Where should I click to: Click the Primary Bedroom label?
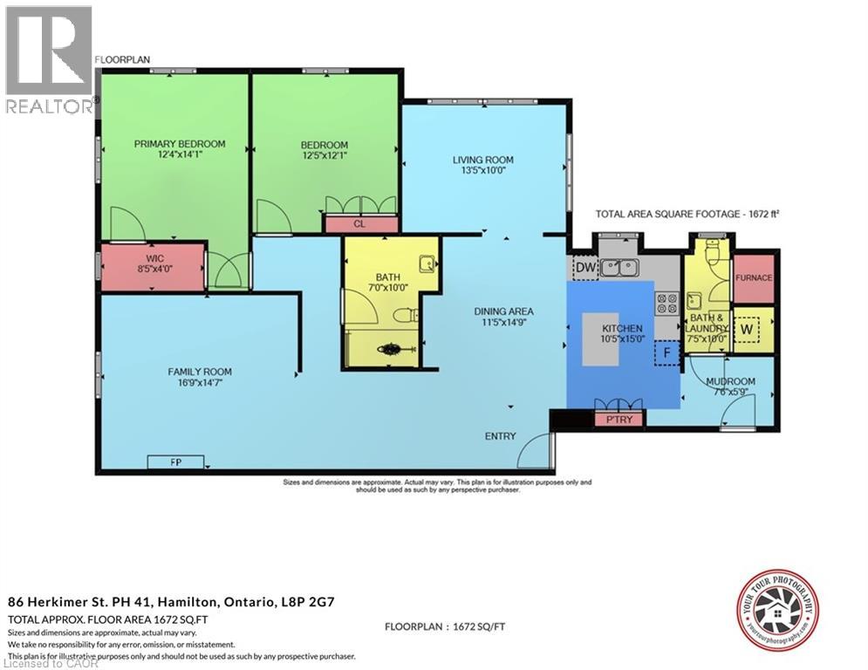pyautogui.click(x=180, y=144)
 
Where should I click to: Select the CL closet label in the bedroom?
pyautogui.click(x=359, y=224)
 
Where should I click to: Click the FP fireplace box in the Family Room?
pyautogui.click(x=176, y=462)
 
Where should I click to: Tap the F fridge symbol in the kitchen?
pyautogui.click(x=667, y=353)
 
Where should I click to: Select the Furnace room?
pyautogui.click(x=755, y=277)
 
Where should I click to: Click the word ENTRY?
pyautogui.click(x=501, y=436)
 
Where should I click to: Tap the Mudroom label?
pyautogui.click(x=730, y=382)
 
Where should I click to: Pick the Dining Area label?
pyautogui.click(x=503, y=311)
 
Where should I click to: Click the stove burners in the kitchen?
pyautogui.click(x=667, y=302)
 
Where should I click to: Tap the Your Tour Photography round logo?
pyautogui.click(x=777, y=612)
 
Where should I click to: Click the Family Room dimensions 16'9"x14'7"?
pyautogui.click(x=200, y=383)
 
